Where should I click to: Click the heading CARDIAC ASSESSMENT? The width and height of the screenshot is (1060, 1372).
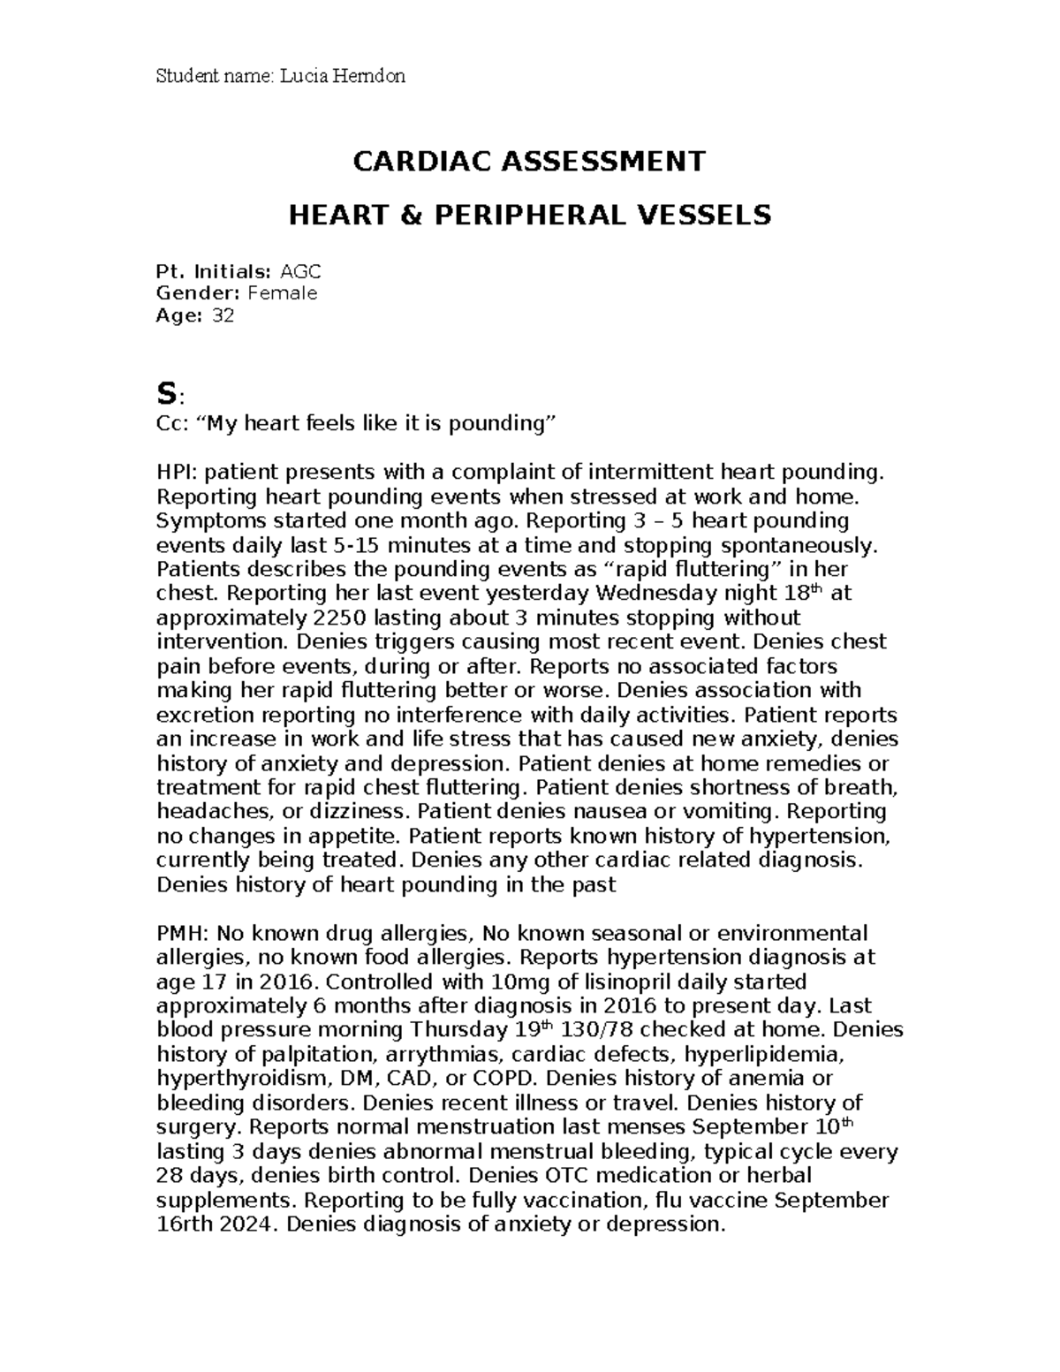pyautogui.click(x=530, y=161)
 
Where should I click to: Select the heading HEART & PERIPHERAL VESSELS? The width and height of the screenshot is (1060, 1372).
pyautogui.click(x=530, y=215)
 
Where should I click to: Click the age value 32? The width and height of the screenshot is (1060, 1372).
pyautogui.click(x=223, y=315)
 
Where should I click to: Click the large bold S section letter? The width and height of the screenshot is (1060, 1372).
pyautogui.click(x=164, y=391)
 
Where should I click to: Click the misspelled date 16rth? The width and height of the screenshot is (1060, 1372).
pyautogui.click(x=185, y=1224)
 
